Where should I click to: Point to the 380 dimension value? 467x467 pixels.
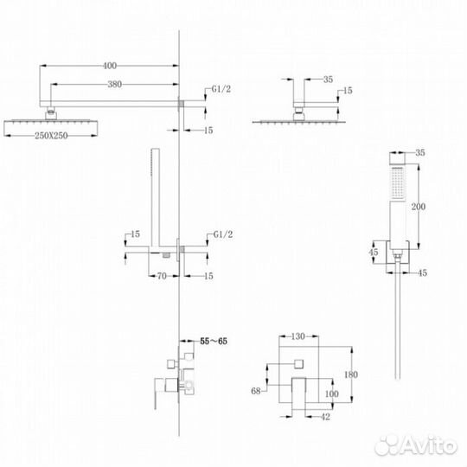(x=114, y=85)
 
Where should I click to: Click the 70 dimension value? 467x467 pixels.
(x=162, y=278)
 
